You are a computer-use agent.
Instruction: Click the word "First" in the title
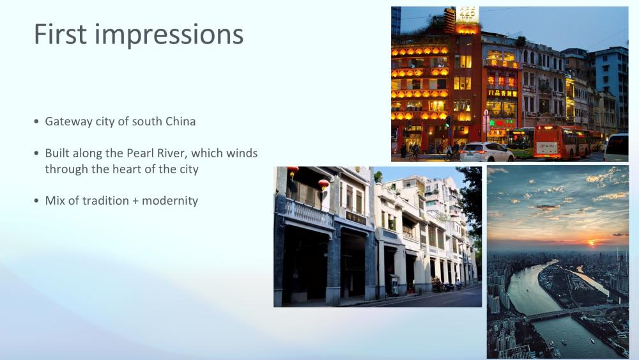60,34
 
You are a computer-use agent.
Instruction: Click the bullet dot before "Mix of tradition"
36,201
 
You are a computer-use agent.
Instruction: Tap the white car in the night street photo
486,152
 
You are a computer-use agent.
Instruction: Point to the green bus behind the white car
520,143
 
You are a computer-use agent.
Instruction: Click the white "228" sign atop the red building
467,13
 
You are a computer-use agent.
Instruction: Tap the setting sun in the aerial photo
592,242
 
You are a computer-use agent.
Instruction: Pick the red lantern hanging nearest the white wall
323,184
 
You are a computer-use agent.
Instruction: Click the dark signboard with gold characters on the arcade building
355,217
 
